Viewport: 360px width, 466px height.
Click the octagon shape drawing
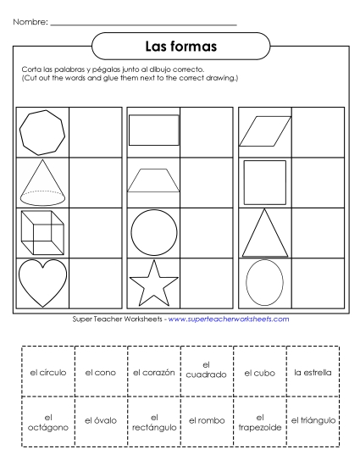tap(42, 132)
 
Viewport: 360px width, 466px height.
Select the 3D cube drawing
tap(41, 231)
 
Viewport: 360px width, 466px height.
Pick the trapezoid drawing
tap(153, 180)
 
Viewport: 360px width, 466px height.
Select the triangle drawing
tap(264, 234)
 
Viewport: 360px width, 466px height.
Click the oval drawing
tap(264, 282)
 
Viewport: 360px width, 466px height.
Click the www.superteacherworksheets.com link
tap(229, 319)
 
